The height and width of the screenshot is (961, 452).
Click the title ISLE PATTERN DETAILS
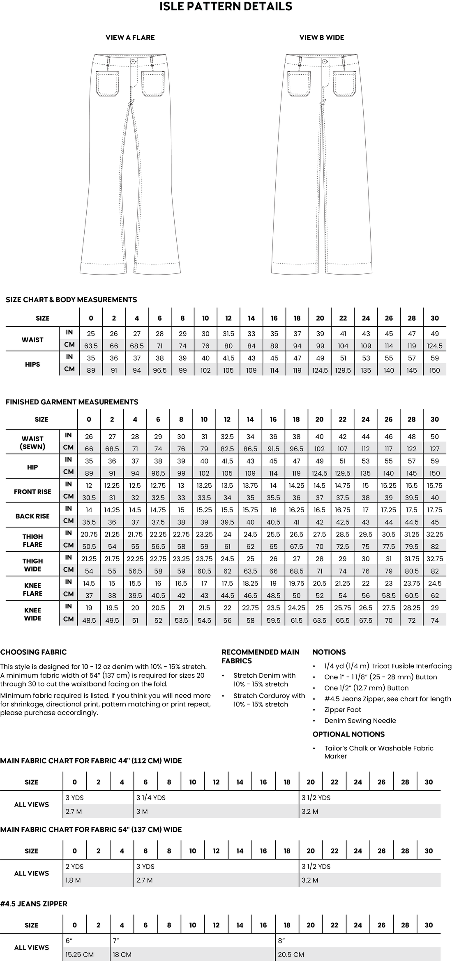tap(226, 7)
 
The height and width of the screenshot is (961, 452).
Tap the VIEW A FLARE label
tap(130, 38)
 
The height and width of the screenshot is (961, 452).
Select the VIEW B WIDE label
tap(322, 38)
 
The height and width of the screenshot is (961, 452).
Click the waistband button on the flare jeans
tap(133, 61)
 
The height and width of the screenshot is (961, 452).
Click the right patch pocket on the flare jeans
tap(153, 84)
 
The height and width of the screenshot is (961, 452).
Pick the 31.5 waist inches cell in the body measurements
tap(228, 334)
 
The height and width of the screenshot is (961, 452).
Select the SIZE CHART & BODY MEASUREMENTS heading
tap(71, 300)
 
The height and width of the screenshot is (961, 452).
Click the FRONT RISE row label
tap(32, 492)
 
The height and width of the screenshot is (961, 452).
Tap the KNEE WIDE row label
tap(32, 614)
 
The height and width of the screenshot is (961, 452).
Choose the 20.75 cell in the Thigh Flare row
tap(89, 534)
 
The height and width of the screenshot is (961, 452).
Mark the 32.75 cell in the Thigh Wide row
tap(434, 559)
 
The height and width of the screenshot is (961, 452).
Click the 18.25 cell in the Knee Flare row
tap(250, 583)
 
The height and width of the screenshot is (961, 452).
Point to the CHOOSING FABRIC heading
tap(33, 652)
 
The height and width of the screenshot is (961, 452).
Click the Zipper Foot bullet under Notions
tap(342, 710)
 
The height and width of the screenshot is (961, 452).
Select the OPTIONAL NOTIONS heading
tap(348, 734)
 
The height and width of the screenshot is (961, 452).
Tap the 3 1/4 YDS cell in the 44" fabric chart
tap(151, 798)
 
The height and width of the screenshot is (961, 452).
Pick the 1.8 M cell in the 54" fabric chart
tap(73, 880)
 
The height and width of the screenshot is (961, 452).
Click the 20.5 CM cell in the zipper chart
tap(291, 955)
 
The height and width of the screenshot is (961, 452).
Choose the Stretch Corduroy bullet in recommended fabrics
tap(269, 700)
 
